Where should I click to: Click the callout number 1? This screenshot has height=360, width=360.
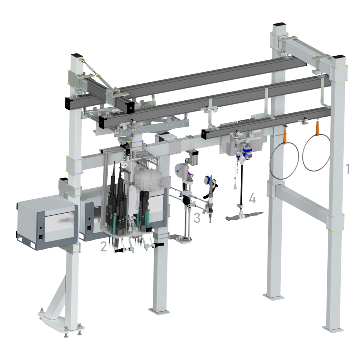pyautogui.click(x=348, y=169)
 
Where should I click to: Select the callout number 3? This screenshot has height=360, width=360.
pyautogui.click(x=197, y=218)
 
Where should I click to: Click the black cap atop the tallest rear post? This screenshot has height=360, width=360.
pyautogui.click(x=279, y=25)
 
